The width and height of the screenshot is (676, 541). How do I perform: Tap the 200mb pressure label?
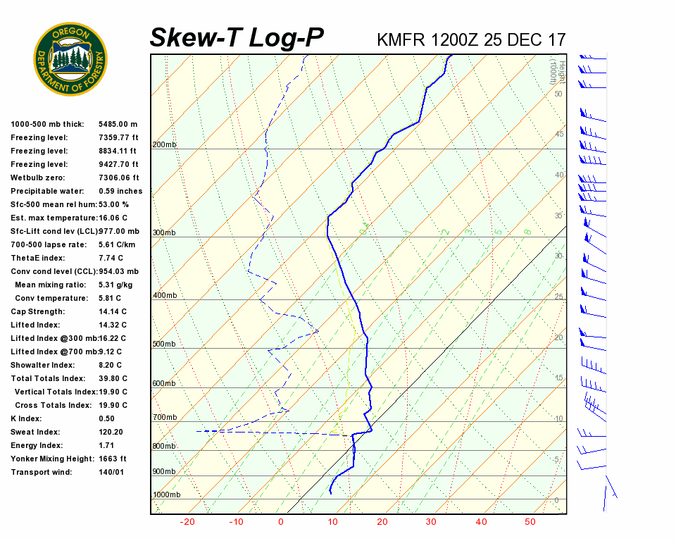165,145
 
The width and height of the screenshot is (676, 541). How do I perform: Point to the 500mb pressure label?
165,344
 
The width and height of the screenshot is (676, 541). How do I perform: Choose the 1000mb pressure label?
167,495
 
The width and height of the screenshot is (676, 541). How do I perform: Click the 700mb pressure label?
165,418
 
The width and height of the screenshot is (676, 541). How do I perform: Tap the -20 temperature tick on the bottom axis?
187,522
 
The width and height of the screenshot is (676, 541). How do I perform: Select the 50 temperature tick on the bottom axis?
530,522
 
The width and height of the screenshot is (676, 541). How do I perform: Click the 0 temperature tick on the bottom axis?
281,522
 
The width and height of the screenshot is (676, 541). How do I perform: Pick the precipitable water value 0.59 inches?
120,192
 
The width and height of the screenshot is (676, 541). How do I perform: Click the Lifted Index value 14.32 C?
113,325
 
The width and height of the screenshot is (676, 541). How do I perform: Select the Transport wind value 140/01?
111,473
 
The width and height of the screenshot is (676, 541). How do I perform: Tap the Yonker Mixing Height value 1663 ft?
113,459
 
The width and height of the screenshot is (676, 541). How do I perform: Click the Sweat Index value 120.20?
111,433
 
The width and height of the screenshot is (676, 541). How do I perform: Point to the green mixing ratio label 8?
527,231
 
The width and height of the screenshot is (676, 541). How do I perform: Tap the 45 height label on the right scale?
559,135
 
